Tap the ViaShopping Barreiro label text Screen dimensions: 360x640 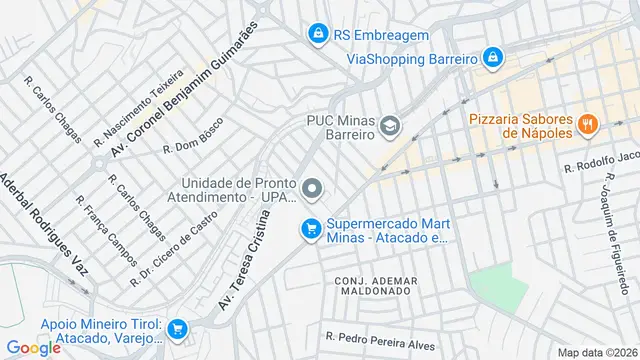pyautogui.click(x=410, y=59)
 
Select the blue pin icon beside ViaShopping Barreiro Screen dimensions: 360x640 pyautogui.click(x=492, y=58)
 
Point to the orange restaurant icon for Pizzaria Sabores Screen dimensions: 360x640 pyautogui.click(x=588, y=125)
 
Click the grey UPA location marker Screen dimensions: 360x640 pyautogui.click(x=313, y=188)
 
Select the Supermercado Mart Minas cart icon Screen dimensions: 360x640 pyautogui.click(x=311, y=230)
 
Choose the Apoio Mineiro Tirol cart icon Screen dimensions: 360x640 pyautogui.click(x=177, y=328)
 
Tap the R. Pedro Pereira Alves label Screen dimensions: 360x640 pyautogui.click(x=381, y=340)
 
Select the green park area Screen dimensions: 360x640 pyautogui.click(x=497, y=280)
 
